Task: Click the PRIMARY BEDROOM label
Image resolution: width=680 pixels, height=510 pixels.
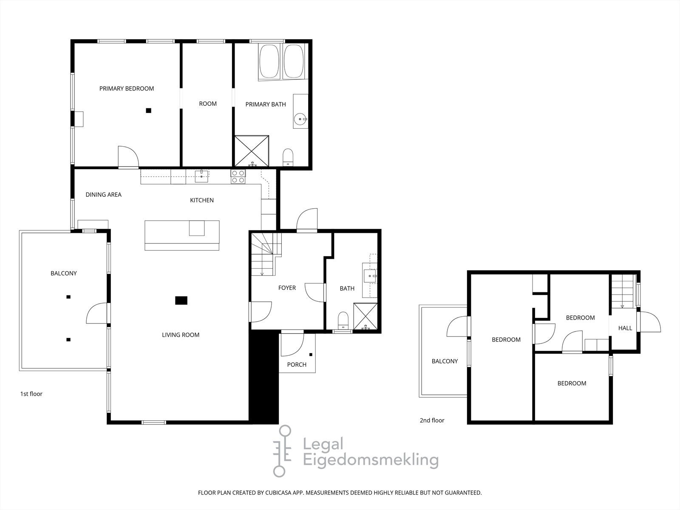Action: [127, 88]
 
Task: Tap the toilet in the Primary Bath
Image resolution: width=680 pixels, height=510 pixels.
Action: [288, 156]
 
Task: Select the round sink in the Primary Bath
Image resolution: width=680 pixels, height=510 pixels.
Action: [300, 118]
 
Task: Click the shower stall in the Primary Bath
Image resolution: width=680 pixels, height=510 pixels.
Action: [252, 150]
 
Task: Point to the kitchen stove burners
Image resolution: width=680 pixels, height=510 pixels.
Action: [238, 176]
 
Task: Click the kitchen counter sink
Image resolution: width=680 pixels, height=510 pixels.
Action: [201, 176]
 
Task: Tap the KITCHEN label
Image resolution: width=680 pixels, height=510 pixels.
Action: [202, 200]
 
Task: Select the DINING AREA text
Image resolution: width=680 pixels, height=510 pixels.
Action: [103, 195]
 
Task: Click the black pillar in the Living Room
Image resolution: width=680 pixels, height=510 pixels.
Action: [181, 300]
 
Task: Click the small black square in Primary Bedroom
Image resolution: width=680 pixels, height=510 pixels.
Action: [148, 110]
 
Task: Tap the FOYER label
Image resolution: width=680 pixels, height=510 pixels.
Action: [287, 288]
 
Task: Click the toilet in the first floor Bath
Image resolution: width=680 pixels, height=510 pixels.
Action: [343, 320]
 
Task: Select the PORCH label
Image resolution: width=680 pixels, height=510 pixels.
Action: [297, 364]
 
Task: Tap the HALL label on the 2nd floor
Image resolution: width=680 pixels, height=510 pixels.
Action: [625, 328]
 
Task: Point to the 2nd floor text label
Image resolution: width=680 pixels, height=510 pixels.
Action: [432, 420]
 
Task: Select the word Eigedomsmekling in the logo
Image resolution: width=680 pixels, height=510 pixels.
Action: [370, 460]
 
